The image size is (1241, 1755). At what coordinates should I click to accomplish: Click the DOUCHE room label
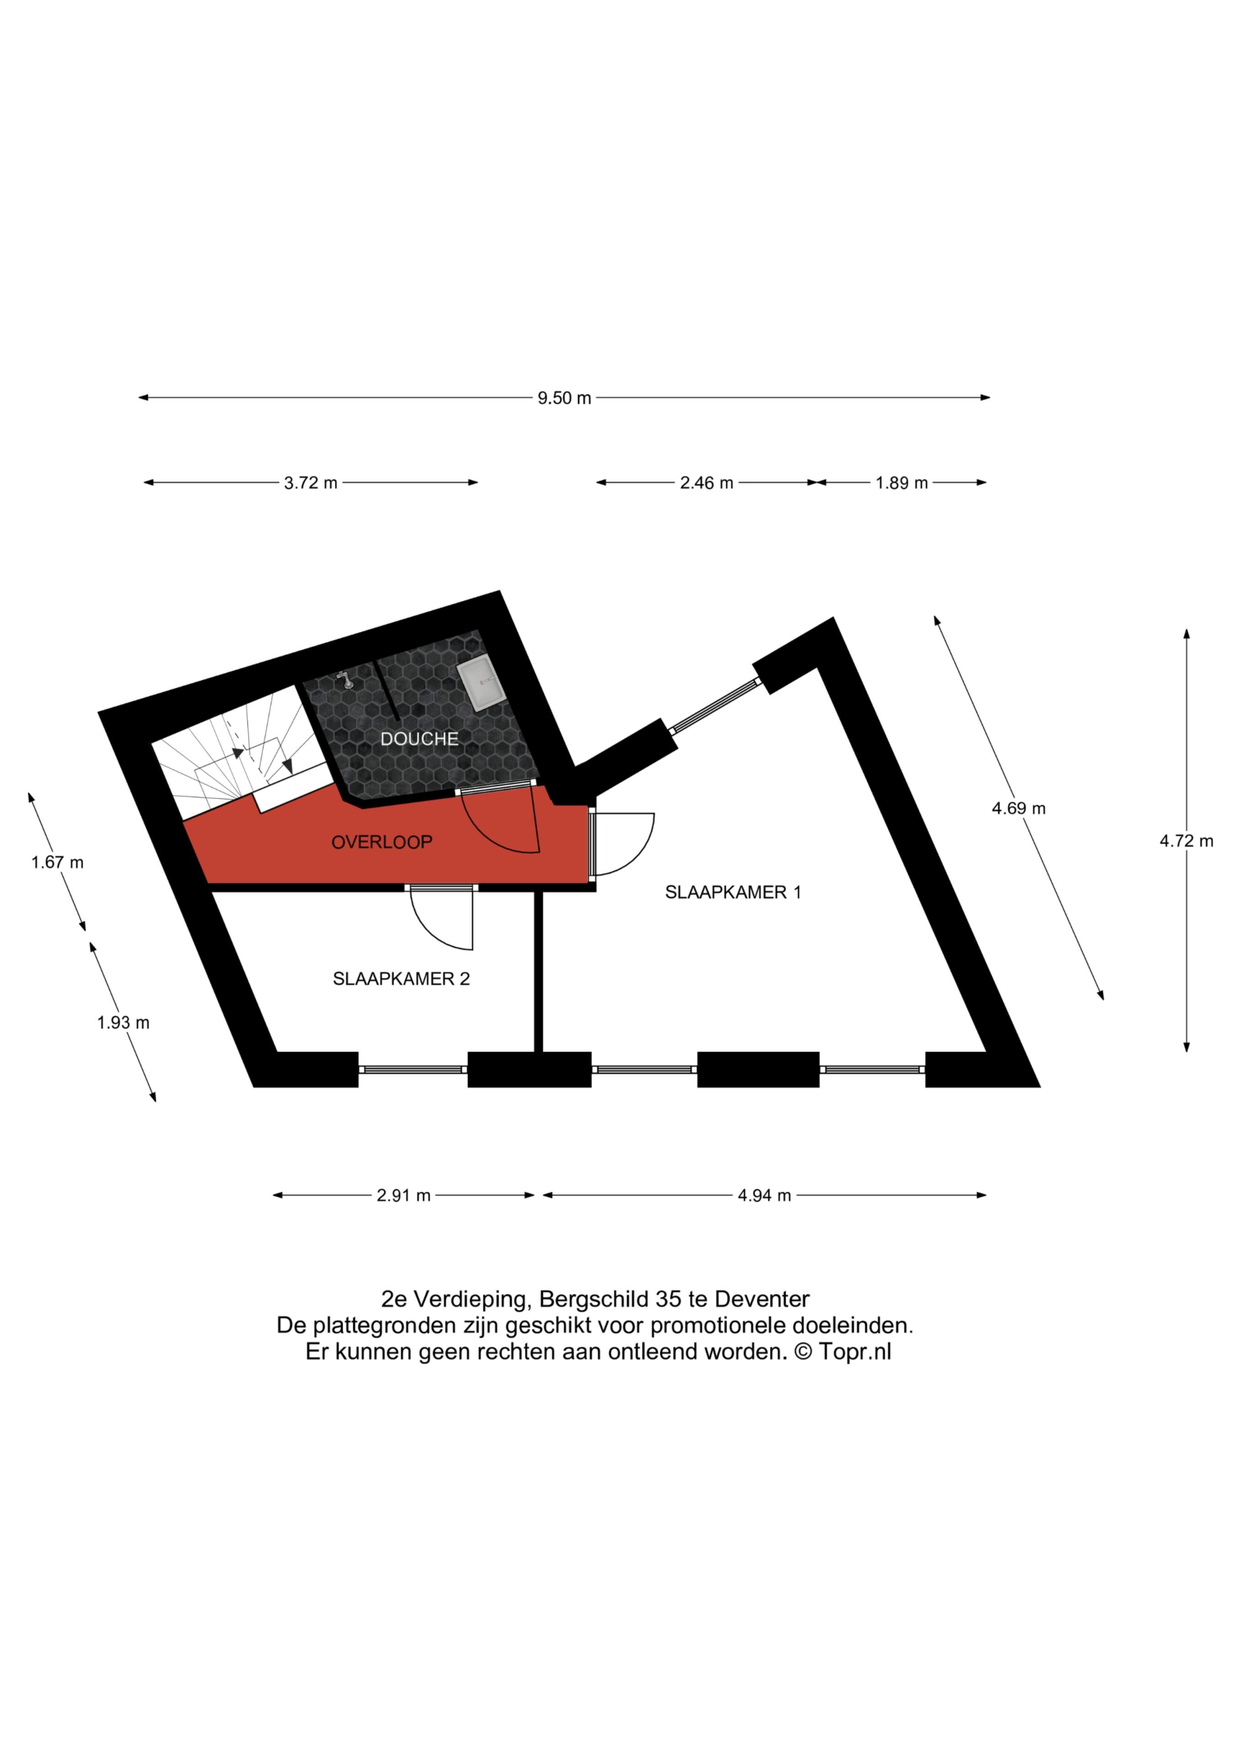(419, 739)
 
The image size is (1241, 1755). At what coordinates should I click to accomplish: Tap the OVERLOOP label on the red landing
(382, 842)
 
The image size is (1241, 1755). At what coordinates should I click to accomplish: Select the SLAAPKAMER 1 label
(733, 893)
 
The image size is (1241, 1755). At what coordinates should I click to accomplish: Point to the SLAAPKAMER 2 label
(401, 979)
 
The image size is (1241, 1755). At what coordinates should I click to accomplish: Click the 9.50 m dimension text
(565, 399)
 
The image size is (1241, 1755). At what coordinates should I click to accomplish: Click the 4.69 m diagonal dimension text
(1018, 809)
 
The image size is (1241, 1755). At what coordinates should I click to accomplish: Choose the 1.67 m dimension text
(57, 862)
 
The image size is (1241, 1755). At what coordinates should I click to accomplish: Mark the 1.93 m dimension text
(123, 1023)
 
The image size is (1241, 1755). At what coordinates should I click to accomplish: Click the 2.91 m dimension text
(403, 1196)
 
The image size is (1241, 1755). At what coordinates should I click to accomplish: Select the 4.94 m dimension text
(764, 1196)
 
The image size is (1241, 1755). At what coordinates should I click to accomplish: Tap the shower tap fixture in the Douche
(345, 680)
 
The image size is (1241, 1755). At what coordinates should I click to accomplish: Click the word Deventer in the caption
(762, 1299)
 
